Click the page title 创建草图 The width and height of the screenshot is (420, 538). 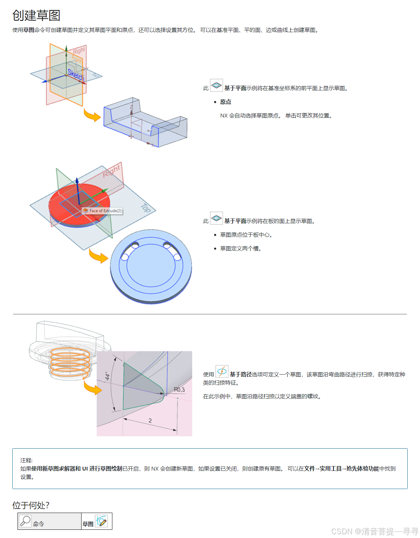[x=36, y=15]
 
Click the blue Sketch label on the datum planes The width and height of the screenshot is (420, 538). [x=76, y=75]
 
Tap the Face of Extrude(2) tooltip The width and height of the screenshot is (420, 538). [x=102, y=211]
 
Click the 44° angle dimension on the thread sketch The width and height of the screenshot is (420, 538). [x=108, y=376]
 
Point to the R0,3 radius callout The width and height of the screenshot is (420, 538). [x=179, y=390]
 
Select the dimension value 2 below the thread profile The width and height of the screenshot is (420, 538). [x=150, y=421]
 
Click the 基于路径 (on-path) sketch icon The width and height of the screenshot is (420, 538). [x=222, y=372]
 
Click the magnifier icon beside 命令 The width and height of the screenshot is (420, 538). [x=25, y=521]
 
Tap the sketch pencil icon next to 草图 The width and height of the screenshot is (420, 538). [x=102, y=521]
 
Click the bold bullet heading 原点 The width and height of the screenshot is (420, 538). [x=225, y=102]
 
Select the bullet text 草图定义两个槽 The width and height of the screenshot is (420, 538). [x=240, y=249]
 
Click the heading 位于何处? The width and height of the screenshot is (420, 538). [x=31, y=505]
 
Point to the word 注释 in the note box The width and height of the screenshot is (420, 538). [x=26, y=460]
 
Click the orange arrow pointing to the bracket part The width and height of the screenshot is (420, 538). [x=92, y=115]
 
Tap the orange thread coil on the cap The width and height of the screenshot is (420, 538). [x=70, y=363]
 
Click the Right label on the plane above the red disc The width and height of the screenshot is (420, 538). [x=112, y=171]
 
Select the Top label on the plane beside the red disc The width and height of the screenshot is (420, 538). [x=146, y=208]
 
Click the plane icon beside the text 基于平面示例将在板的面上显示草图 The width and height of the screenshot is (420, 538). [x=217, y=218]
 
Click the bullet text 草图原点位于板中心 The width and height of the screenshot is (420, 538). [x=246, y=235]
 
